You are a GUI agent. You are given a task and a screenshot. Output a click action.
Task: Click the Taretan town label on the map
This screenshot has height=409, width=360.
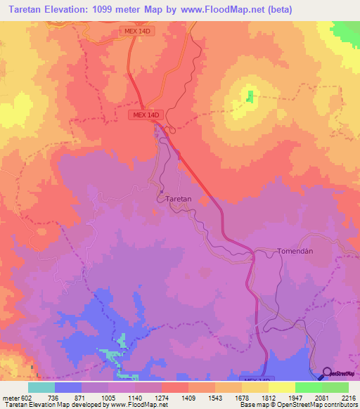179,199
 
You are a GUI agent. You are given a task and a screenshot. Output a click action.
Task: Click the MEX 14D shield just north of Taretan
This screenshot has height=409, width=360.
146,115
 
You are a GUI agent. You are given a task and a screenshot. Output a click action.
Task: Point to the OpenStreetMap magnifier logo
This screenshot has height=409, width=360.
328,372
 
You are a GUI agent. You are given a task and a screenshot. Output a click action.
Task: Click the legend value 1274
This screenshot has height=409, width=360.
161,397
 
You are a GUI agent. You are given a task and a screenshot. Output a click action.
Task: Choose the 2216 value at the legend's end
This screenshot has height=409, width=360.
349,397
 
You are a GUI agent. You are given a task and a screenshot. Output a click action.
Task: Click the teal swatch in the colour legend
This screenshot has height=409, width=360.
41,387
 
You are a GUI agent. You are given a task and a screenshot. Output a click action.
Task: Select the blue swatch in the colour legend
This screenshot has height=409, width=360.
68,387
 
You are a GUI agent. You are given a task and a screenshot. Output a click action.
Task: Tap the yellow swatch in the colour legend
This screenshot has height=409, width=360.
281,387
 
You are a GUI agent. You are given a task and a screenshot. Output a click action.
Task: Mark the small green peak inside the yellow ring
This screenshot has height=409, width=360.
249,96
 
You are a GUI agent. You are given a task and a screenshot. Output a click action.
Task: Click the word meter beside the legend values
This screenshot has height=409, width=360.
9,397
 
